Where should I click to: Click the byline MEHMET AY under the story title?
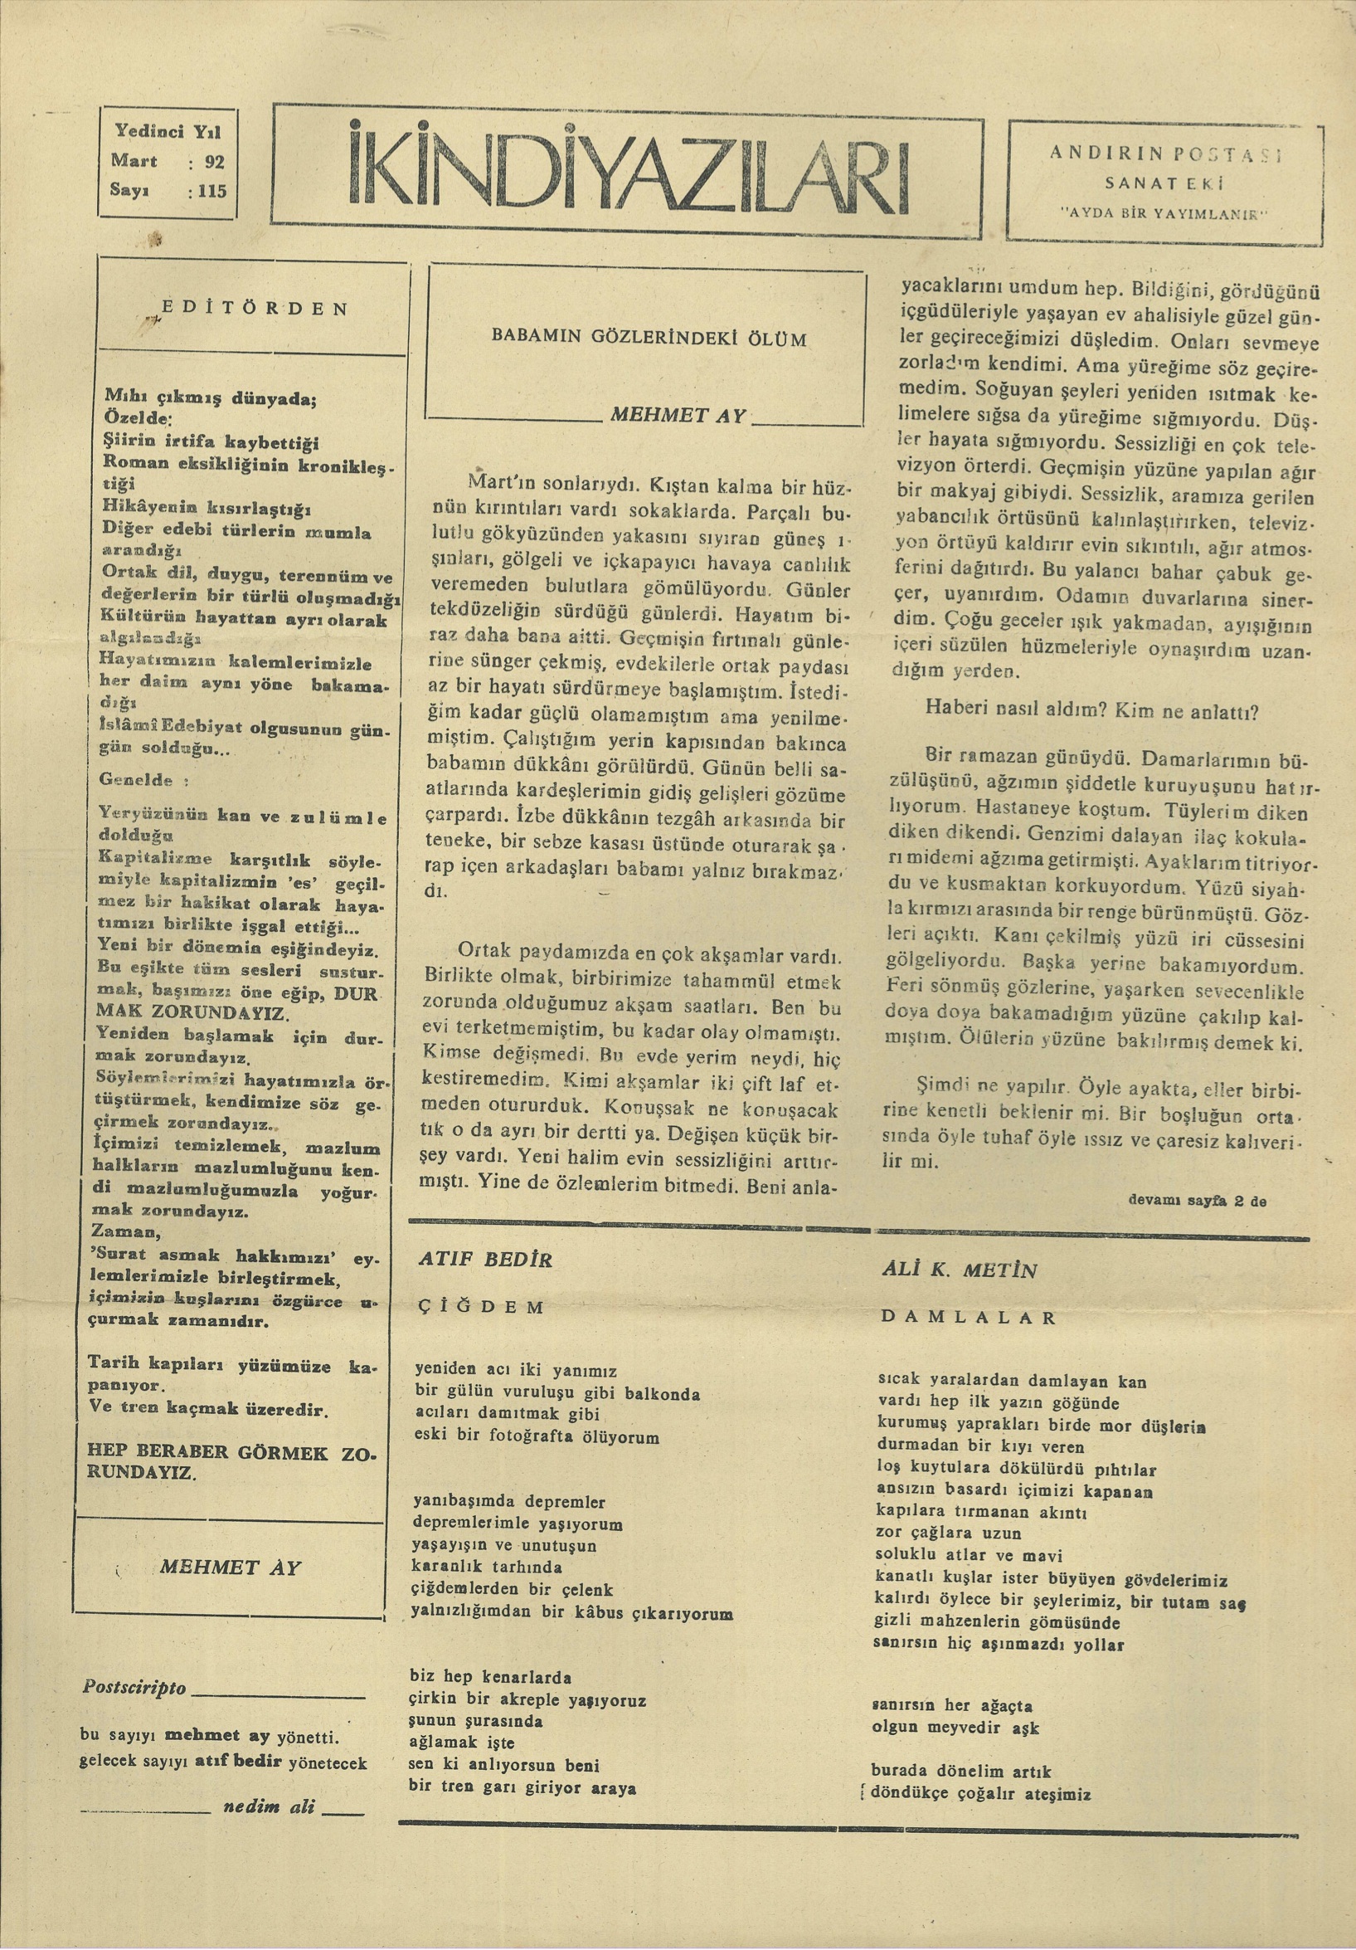coord(677,417)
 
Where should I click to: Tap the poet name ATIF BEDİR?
coord(485,1260)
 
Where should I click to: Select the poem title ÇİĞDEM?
coord(480,1307)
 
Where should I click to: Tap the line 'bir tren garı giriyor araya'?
coord(522,1787)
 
